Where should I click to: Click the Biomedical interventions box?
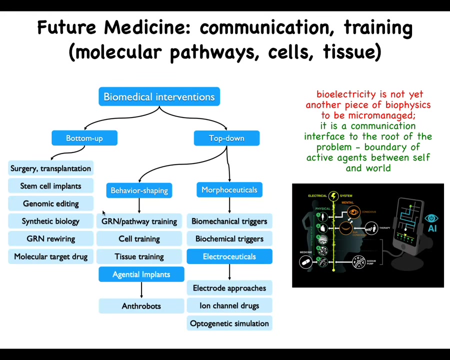[x=159, y=97]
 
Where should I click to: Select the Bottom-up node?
[x=84, y=138]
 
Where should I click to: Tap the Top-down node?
[x=226, y=138]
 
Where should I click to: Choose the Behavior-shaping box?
[x=139, y=190]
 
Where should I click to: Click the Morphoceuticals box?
[x=229, y=190]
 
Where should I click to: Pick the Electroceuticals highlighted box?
[x=229, y=256]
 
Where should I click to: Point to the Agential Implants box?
[x=141, y=274]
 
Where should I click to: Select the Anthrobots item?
[x=141, y=306]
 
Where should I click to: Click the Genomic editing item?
[x=50, y=203]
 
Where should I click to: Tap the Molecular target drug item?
[x=50, y=256]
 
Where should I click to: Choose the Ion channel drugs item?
[x=229, y=305]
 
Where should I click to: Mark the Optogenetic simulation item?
[x=229, y=323]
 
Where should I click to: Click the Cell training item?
[x=139, y=239]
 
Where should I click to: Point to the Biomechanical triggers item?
[x=229, y=221]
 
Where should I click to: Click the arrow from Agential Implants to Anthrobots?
[x=141, y=290]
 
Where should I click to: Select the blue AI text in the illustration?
[x=431, y=228]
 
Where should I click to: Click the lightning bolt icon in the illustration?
[x=333, y=196]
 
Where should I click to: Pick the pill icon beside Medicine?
[x=305, y=261]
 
